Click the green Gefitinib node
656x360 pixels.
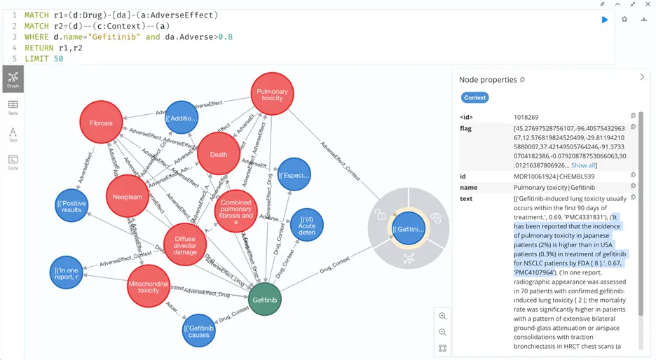(x=265, y=299)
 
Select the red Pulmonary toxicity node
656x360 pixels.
(x=272, y=95)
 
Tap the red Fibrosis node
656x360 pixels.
(x=101, y=123)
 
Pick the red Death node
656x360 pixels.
(x=219, y=154)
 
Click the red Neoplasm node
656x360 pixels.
(x=128, y=198)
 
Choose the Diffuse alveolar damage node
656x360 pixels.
(x=185, y=244)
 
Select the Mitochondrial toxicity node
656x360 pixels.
(x=149, y=286)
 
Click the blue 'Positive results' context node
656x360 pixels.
(x=72, y=206)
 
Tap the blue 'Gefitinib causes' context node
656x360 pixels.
(x=199, y=331)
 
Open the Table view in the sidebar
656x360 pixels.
(x=13, y=107)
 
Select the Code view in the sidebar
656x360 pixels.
(x=13, y=162)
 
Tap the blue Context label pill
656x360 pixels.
(x=474, y=98)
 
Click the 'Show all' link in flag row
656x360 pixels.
(x=583, y=165)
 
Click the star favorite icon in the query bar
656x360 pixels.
(x=624, y=19)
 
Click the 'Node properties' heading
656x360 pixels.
(x=488, y=80)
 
